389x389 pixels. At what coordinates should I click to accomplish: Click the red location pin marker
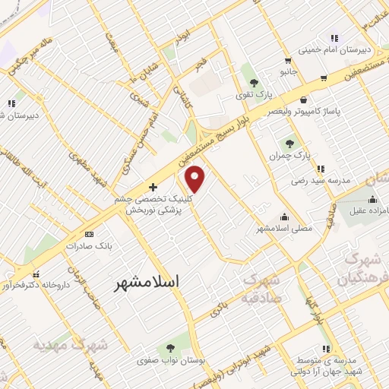point(196,179)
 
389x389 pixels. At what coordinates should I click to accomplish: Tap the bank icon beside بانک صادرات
point(89,234)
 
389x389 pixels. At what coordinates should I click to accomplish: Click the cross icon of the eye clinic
point(153,187)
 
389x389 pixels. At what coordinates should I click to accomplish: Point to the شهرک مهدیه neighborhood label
point(70,345)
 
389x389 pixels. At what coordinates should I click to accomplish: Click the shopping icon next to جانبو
point(286,62)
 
